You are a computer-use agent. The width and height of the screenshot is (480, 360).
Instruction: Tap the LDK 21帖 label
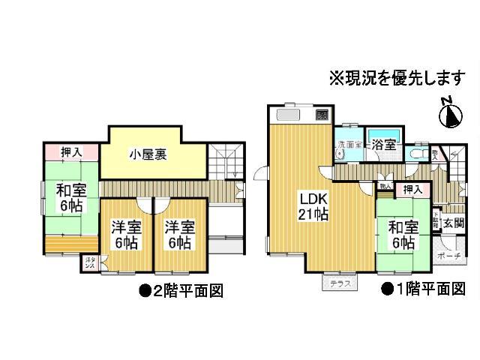[313, 207]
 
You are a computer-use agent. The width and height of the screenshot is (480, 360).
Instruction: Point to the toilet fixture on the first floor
[421, 154]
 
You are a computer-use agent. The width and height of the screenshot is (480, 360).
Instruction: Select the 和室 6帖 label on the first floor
[403, 234]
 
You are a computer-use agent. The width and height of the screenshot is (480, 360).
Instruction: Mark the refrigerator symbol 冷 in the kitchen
[320, 116]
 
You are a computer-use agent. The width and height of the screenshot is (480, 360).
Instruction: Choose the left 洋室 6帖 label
[127, 235]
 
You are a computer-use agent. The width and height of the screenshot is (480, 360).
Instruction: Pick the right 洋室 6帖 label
[180, 235]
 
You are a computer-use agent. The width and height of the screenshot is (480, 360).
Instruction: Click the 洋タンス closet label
[89, 263]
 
